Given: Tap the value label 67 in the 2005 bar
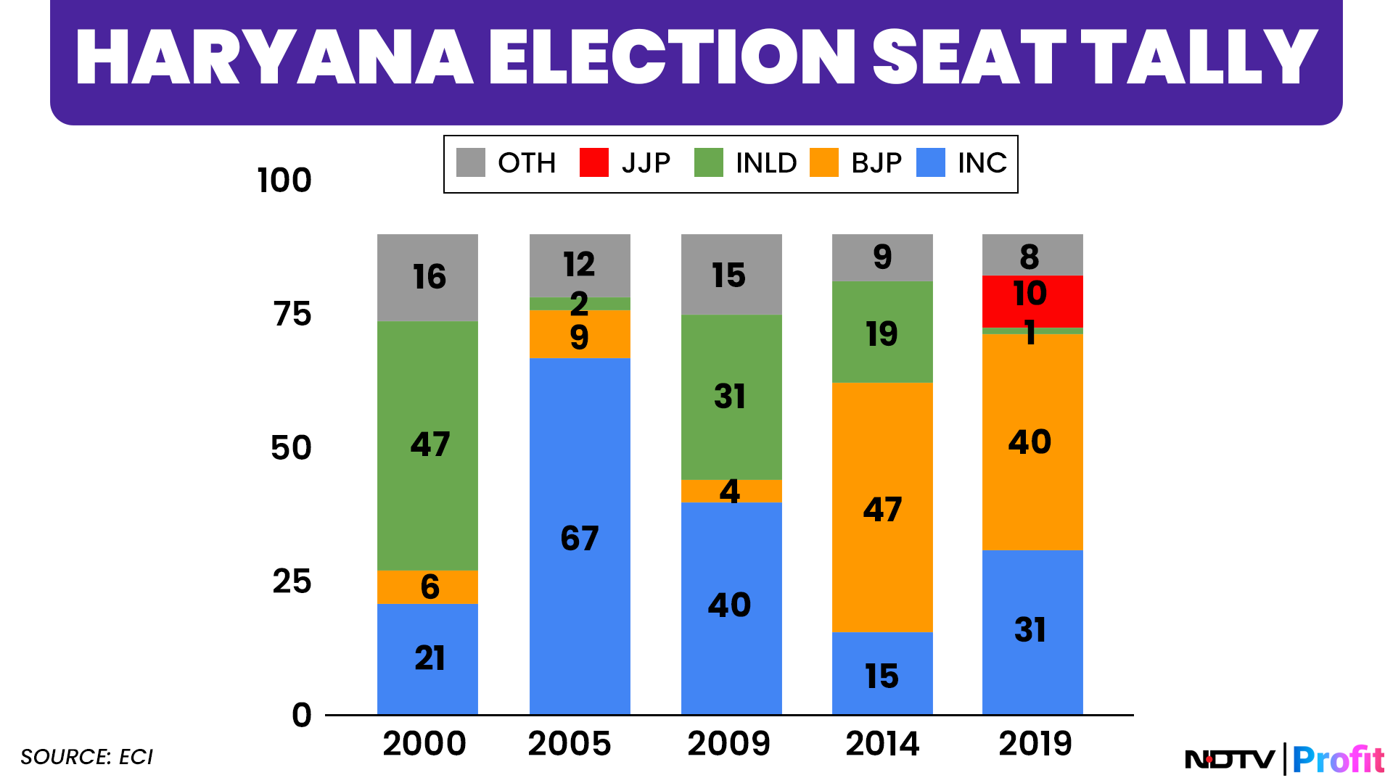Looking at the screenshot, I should pyautogui.click(x=580, y=539).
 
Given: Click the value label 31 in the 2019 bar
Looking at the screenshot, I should pyautogui.click(x=1030, y=630).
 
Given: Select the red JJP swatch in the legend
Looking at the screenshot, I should pyautogui.click(x=593, y=162).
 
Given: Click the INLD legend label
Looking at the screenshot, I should pyautogui.click(x=765, y=163).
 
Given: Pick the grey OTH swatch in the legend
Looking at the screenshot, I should pyautogui.click(x=470, y=162).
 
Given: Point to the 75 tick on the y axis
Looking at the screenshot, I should pyautogui.click(x=292, y=314).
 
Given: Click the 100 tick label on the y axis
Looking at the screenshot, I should pyautogui.click(x=284, y=180).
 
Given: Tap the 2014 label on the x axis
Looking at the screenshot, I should pyautogui.click(x=882, y=744).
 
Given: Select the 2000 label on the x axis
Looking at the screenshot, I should pyautogui.click(x=424, y=744).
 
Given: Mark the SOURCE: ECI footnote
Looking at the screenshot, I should pyautogui.click(x=87, y=757).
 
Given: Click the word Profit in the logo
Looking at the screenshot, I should pyautogui.click(x=1338, y=760).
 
